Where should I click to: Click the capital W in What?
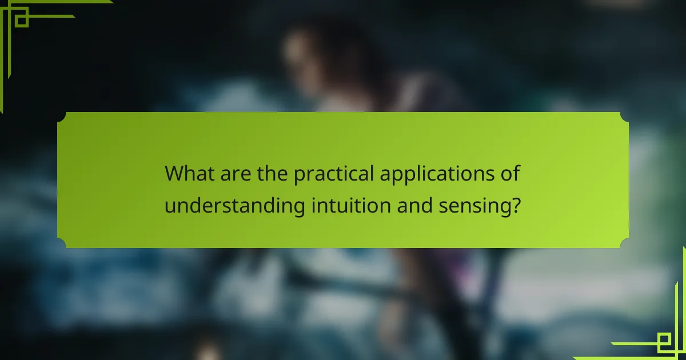[174, 173]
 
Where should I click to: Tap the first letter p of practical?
[299, 175]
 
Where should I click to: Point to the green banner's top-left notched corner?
[62, 117]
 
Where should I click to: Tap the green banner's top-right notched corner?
[624, 117]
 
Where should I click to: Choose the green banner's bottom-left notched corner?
[62, 244]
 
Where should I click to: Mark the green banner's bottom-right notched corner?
[624, 244]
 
